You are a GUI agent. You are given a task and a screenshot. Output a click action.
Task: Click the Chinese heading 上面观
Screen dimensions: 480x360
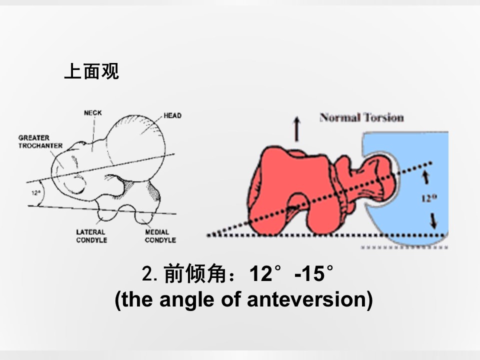point(91,71)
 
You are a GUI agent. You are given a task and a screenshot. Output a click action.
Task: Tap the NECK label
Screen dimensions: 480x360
point(93,113)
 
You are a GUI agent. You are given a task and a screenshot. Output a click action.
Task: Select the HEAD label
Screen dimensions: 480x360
point(172,115)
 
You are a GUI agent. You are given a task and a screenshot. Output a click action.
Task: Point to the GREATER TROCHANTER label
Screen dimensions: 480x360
point(40,141)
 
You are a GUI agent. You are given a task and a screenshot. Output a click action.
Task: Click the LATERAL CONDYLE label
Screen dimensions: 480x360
point(91,236)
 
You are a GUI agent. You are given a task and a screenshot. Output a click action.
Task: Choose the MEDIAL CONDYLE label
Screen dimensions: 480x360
point(160,236)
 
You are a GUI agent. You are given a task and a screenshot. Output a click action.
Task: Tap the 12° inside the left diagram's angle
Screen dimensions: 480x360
point(36,193)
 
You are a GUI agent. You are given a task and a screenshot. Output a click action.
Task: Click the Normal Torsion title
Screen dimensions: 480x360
point(361,117)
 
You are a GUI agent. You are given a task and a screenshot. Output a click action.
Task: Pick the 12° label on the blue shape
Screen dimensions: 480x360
point(429,198)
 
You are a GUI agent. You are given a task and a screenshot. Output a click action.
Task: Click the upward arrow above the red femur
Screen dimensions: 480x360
point(296,129)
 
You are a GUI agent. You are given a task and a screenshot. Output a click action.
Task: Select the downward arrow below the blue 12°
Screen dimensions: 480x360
point(433,221)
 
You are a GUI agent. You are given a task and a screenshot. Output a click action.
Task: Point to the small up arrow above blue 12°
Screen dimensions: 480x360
point(426,177)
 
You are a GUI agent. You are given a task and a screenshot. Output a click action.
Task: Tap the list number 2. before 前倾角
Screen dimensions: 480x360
point(149,273)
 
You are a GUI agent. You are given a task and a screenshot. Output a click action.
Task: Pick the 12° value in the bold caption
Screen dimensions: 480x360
point(265,273)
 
